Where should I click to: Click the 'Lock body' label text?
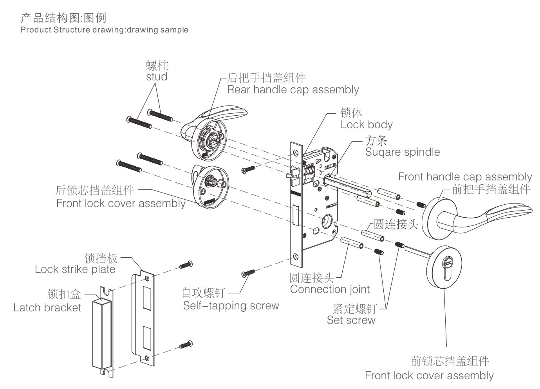pyautogui.click(x=366, y=125)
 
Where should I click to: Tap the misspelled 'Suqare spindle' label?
pyautogui.click(x=402, y=152)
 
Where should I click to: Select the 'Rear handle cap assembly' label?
pyautogui.click(x=293, y=90)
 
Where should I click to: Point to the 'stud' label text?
pyautogui.click(x=157, y=77)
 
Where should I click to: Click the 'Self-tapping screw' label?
pyautogui.click(x=231, y=306)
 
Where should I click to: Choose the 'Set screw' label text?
pyautogui.click(x=351, y=320)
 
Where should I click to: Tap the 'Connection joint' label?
pyautogui.click(x=330, y=290)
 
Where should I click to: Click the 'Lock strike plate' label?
pyautogui.click(x=75, y=269)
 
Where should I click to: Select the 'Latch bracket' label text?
pyautogui.click(x=47, y=308)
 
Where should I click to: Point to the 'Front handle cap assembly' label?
pyautogui.click(x=465, y=177)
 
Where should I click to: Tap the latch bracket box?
pyautogui.click(x=103, y=333)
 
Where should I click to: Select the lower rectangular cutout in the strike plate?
pyautogui.click(x=147, y=337)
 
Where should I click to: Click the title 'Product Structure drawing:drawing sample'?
pyautogui.click(x=104, y=30)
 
